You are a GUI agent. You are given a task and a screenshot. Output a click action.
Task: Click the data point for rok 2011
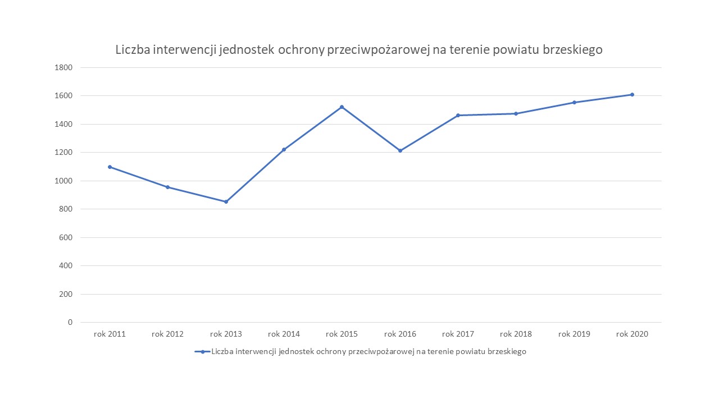110,167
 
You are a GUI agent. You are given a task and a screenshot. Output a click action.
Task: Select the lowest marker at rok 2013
226,201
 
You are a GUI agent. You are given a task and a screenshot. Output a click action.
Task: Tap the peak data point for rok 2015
342,107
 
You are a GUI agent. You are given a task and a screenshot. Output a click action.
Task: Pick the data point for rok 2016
400,150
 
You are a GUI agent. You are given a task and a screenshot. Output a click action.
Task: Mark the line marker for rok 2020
632,94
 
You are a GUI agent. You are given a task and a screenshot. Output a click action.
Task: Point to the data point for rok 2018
516,113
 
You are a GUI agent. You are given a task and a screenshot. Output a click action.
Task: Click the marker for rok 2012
167,187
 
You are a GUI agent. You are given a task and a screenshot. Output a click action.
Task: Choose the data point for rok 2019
574,102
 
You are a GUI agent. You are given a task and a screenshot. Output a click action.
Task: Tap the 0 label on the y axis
70,322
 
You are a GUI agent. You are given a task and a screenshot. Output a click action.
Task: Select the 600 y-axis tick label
65,237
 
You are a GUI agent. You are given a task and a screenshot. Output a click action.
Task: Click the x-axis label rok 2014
284,334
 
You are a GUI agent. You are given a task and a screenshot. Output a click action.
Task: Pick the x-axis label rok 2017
458,334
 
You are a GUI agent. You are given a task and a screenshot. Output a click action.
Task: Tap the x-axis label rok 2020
632,334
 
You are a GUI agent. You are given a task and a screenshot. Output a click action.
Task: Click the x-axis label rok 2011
110,334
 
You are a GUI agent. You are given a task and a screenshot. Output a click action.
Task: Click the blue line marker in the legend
202,352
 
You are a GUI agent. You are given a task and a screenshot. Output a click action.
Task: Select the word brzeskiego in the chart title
573,49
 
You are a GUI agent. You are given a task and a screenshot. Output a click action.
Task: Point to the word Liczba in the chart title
133,49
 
